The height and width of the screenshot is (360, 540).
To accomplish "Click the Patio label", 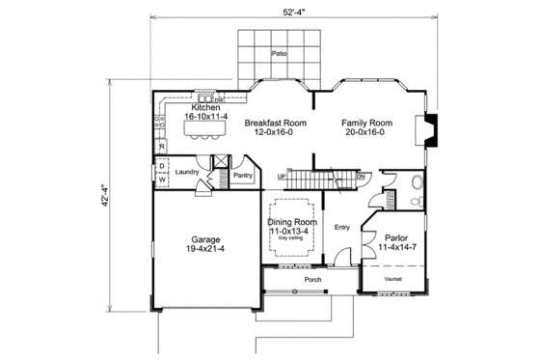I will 280,55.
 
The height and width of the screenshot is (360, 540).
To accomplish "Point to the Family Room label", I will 366,124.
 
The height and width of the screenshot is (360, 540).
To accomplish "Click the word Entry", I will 340,228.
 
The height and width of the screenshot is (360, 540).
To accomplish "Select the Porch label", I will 312,280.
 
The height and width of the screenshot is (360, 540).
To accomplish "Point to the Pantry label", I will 243,175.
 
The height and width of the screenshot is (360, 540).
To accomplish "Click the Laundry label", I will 187,172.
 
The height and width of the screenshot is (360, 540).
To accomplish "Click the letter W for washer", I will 162,180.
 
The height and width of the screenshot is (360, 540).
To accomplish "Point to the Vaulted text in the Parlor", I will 392,278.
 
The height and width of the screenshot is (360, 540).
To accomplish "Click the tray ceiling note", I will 291,241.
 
